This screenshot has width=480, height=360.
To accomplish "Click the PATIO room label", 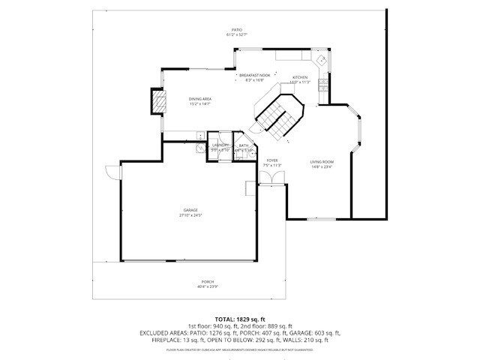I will pos(237,30).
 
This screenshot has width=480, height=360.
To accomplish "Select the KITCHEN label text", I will pos(300,78).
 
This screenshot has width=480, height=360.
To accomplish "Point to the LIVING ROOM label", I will pos(322,162).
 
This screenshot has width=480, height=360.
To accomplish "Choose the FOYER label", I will pos(272,160).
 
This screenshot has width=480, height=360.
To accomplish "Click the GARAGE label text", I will pos(191,211).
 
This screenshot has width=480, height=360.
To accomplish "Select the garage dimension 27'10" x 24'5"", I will pos(191,216).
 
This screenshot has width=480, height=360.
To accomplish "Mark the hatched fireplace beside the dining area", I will pos(158,102).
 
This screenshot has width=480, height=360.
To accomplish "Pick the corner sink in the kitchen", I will pos(320,60).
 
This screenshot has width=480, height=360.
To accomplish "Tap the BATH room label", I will pos(243,145).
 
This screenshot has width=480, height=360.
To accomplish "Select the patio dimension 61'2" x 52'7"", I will pos(237,35).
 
